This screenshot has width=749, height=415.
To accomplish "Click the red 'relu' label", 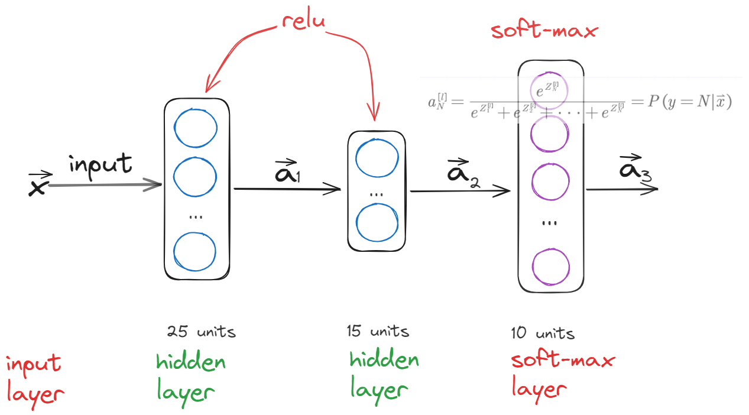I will click(x=303, y=21).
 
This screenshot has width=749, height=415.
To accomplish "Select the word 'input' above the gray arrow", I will click(x=100, y=164).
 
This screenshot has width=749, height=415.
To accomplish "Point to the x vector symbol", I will click(x=38, y=184).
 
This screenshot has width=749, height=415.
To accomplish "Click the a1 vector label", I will click(x=288, y=171).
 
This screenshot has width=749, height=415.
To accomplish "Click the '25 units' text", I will click(x=202, y=332).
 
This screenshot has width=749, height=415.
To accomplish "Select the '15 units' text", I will click(x=378, y=331).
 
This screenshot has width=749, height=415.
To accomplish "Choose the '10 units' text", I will click(x=543, y=333).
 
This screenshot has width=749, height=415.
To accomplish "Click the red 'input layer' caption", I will click(x=34, y=378).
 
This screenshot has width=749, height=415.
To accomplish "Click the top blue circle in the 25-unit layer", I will click(x=195, y=127).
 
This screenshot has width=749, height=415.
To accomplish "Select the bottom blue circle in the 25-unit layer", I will click(x=195, y=252).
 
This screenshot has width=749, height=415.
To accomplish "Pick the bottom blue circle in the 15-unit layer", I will click(x=377, y=223).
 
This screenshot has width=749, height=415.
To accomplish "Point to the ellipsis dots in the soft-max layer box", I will click(x=550, y=223).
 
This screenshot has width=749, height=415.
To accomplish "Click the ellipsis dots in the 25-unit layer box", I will click(x=195, y=216).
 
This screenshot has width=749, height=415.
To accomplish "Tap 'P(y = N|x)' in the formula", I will click(x=689, y=102).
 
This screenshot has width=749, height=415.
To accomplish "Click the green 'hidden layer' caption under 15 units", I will click(x=384, y=375).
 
